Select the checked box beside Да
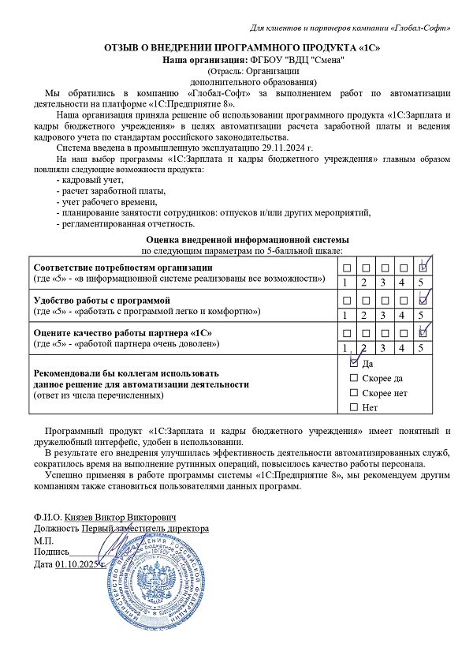(352, 364)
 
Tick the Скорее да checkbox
(352, 378)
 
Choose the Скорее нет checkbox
(352, 392)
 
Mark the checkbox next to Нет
(352, 407)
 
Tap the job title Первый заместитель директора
(146, 528)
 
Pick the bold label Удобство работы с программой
(101, 301)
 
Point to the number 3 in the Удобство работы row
(383, 316)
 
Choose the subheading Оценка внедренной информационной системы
(248, 239)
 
